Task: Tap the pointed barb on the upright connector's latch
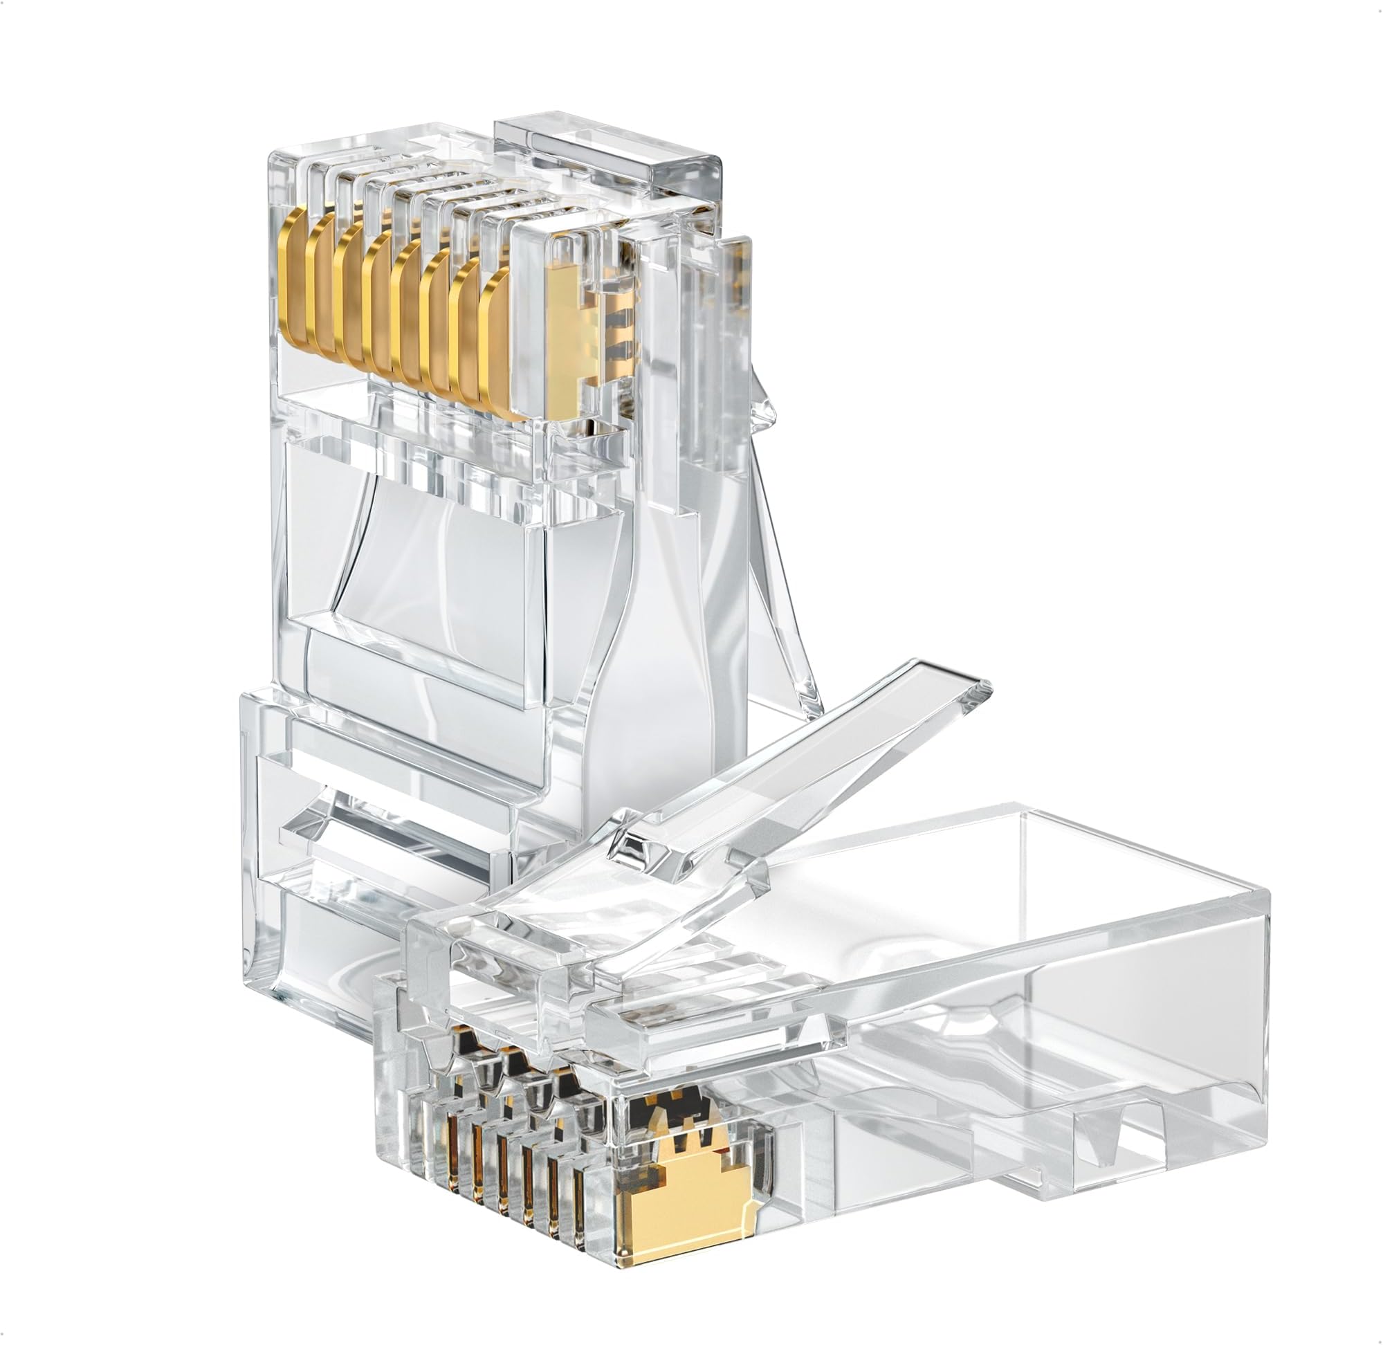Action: [x=763, y=413]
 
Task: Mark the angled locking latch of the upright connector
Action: [x=777, y=565]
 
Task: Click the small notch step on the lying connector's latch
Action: [x=643, y=844]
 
